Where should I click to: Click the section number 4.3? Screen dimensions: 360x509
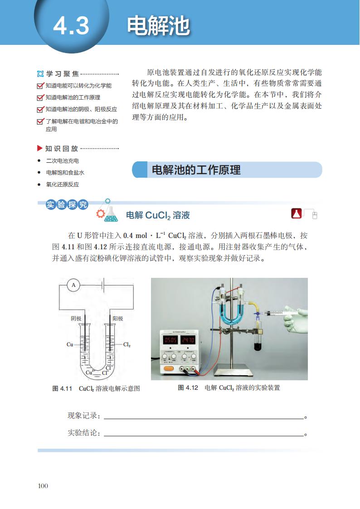point(71,26)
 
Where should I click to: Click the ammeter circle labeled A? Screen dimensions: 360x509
point(73,285)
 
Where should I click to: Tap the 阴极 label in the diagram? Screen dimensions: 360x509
point(76,319)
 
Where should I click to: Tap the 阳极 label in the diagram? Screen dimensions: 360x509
point(118,319)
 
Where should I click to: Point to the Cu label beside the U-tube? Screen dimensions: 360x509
point(70,344)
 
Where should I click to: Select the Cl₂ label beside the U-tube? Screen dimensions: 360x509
point(127,344)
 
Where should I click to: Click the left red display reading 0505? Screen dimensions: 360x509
point(170,340)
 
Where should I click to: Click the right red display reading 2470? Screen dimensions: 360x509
point(188,340)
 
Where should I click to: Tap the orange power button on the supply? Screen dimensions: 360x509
point(169,368)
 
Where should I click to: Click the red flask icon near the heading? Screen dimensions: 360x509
point(297,214)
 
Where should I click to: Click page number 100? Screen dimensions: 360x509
point(43,486)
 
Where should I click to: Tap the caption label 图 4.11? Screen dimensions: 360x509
point(62,388)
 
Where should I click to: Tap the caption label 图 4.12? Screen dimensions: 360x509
point(188,388)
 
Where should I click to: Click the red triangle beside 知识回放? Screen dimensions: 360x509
point(39,148)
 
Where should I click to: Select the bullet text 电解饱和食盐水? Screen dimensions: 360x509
point(65,173)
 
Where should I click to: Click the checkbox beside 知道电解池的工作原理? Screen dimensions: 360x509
point(40,97)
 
